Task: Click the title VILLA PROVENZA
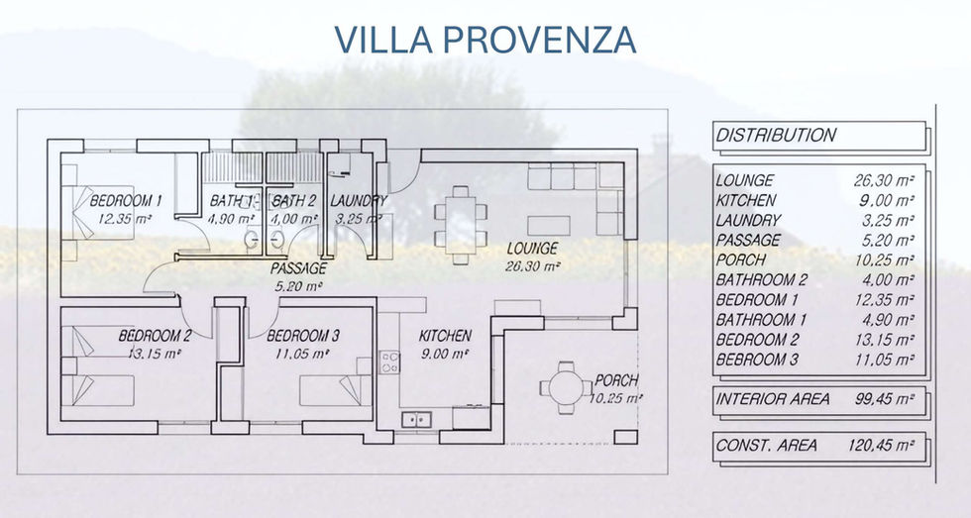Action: pyautogui.click(x=485, y=40)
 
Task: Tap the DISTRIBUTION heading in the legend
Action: pyautogui.click(x=776, y=135)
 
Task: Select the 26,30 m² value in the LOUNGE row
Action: pyautogui.click(x=884, y=180)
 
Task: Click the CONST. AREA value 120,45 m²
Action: pyautogui.click(x=881, y=445)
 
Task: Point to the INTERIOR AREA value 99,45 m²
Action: pyautogui.click(x=884, y=399)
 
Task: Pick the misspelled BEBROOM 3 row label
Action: pyautogui.click(x=757, y=359)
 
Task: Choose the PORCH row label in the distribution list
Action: pyautogui.click(x=741, y=259)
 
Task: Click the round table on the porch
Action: pyautogui.click(x=566, y=388)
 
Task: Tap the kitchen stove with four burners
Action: pyautogui.click(x=389, y=363)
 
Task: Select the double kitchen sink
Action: pyautogui.click(x=416, y=420)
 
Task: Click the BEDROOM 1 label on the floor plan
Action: pyautogui.click(x=126, y=200)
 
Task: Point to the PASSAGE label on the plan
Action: pyautogui.click(x=298, y=268)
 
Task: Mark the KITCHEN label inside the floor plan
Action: pyautogui.click(x=445, y=336)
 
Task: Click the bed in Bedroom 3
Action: pyautogui.click(x=336, y=390)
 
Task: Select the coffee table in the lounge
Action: pyautogui.click(x=549, y=225)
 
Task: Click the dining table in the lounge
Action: pyautogui.click(x=460, y=225)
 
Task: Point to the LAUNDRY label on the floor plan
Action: pyautogui.click(x=359, y=200)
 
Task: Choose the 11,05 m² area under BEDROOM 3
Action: pyautogui.click(x=302, y=354)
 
